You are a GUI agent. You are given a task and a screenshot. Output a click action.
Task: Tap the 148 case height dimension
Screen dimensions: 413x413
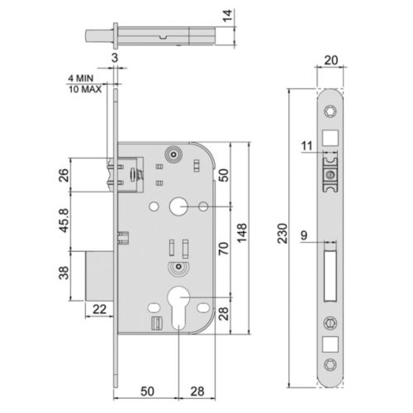[x=241, y=236]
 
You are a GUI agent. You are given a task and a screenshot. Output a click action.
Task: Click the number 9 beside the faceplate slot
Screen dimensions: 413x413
[x=306, y=235]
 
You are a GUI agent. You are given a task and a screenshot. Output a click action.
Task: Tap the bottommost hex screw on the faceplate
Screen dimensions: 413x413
[x=330, y=365]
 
